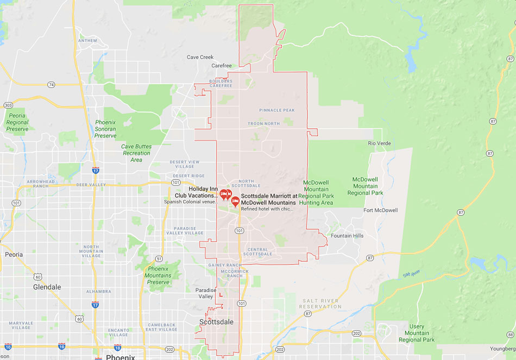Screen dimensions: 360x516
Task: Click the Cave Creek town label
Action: (200, 57)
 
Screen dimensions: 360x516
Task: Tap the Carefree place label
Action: (222, 66)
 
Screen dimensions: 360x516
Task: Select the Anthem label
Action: (87, 41)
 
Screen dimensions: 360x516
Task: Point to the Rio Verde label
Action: (379, 143)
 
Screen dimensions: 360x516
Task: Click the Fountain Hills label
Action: (347, 236)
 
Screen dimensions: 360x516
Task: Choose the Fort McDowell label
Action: (380, 210)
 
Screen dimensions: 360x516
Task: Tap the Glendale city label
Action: (47, 287)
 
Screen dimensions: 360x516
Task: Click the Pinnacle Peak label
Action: (277, 110)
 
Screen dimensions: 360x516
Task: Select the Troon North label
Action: (263, 124)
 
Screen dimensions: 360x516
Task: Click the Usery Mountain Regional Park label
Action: (417, 333)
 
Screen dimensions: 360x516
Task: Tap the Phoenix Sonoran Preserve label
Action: (105, 129)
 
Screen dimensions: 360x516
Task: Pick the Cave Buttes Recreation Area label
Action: (136, 153)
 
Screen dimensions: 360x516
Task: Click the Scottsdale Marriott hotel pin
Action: (235, 201)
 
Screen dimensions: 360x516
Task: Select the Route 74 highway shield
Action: (51, 85)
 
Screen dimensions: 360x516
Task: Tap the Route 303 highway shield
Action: (8, 105)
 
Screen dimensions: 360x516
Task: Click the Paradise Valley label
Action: (205, 293)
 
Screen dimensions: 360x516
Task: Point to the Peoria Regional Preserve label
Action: (17, 122)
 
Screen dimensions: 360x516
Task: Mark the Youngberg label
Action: (502, 349)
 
